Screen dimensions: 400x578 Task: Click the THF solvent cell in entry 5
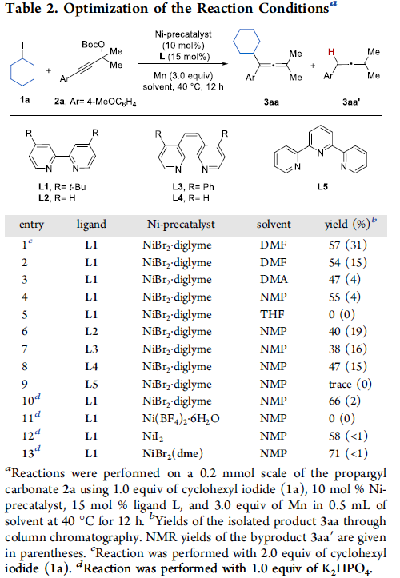272,314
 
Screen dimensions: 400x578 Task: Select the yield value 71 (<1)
348,453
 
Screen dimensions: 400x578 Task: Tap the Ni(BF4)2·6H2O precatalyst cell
181,419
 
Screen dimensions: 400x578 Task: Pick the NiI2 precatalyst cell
153,436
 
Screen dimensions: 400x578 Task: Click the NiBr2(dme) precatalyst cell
173,453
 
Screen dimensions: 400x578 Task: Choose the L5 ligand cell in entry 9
91,384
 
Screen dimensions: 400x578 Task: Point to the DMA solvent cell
274,280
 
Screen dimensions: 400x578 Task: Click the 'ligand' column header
91,225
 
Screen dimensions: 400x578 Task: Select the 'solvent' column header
274,224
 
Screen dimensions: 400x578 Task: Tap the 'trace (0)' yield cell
350,384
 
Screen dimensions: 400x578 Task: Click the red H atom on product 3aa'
331,52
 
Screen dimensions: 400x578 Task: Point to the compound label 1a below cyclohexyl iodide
24,99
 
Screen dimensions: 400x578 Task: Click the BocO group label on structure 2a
93,45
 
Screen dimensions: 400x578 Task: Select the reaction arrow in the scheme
183,64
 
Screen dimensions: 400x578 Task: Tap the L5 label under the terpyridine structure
322,186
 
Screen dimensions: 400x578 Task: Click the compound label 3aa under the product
271,102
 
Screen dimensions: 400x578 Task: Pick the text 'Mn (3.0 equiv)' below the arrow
183,76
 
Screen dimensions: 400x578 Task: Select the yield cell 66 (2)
345,401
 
